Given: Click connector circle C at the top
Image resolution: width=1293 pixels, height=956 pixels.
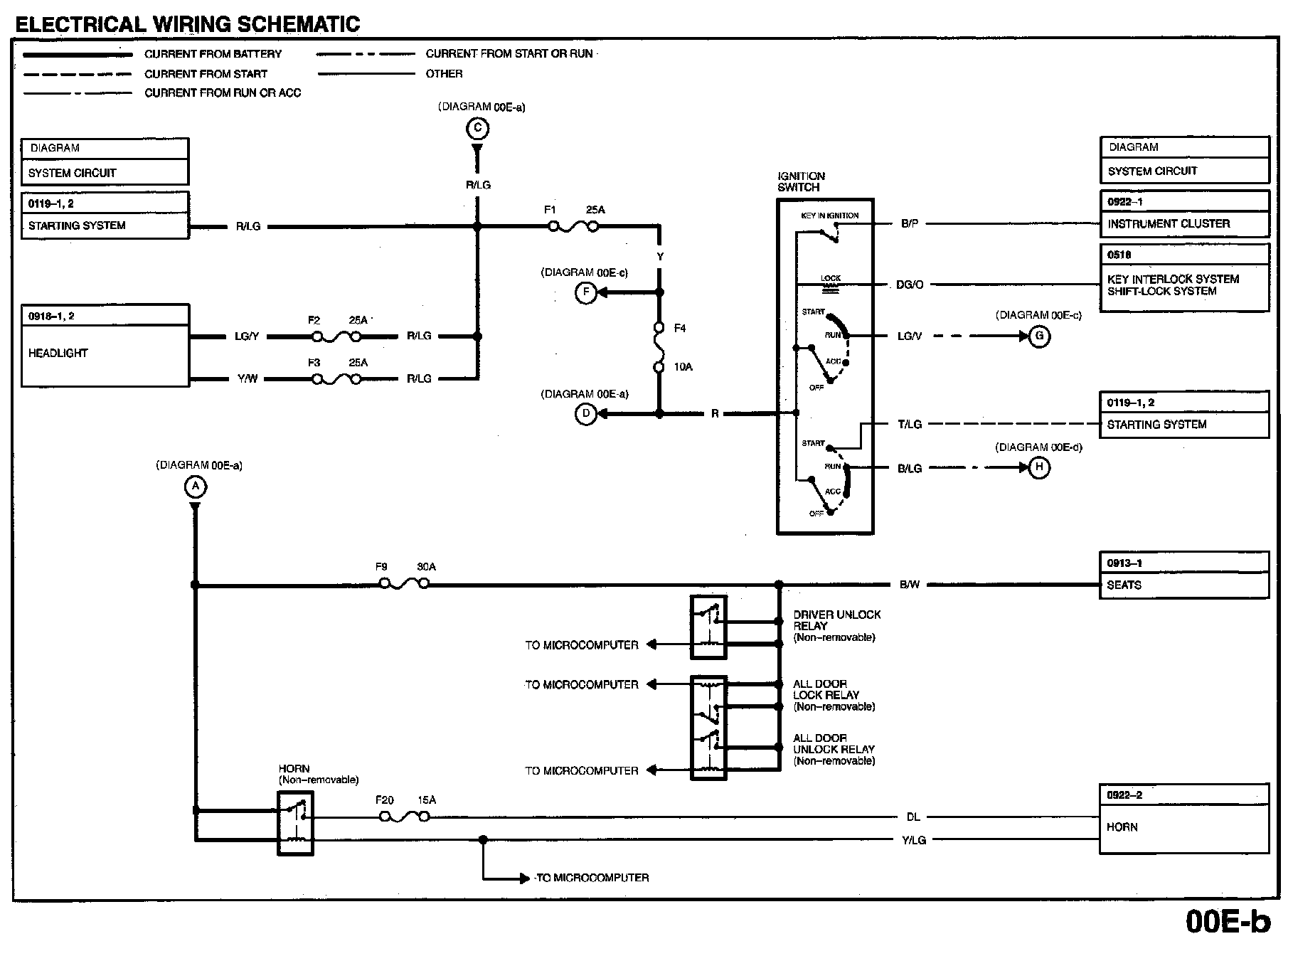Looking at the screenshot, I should click(477, 129).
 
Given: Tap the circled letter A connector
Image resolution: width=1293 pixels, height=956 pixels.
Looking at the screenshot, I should click(195, 487).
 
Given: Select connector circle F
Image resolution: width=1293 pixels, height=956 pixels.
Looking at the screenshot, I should click(585, 292).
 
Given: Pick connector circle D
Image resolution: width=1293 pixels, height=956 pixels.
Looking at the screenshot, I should click(585, 414).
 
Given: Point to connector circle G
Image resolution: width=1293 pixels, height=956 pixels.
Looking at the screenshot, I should click(1039, 336).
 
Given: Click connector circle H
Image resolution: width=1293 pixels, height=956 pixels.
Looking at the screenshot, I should click(1039, 467).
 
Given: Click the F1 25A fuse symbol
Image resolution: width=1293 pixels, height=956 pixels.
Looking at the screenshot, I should click(573, 227).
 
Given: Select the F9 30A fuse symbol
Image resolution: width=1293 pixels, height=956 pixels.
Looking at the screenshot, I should click(404, 584).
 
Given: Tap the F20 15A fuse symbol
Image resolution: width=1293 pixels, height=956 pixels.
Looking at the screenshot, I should click(405, 817).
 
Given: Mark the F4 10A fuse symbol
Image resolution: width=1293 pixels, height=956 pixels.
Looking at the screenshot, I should click(659, 348).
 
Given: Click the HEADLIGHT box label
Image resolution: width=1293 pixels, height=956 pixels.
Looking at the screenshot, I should click(58, 354).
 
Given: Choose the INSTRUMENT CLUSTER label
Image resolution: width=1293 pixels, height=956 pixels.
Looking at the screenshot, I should click(1169, 224).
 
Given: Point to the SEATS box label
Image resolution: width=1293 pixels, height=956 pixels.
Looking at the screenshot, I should click(1124, 585).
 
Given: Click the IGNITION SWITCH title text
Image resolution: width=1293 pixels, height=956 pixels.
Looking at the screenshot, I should click(801, 182).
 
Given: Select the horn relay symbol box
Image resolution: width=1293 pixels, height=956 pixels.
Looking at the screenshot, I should click(295, 823).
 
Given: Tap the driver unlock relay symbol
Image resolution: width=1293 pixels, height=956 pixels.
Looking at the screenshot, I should click(708, 627).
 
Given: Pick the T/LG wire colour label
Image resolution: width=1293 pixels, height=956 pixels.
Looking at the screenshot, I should click(910, 425).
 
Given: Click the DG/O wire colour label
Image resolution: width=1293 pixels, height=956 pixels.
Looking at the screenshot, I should click(910, 285).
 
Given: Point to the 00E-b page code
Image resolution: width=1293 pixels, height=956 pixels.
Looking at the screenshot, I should click(1228, 922).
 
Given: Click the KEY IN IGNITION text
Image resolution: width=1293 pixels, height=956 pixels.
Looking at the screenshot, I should click(830, 216).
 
